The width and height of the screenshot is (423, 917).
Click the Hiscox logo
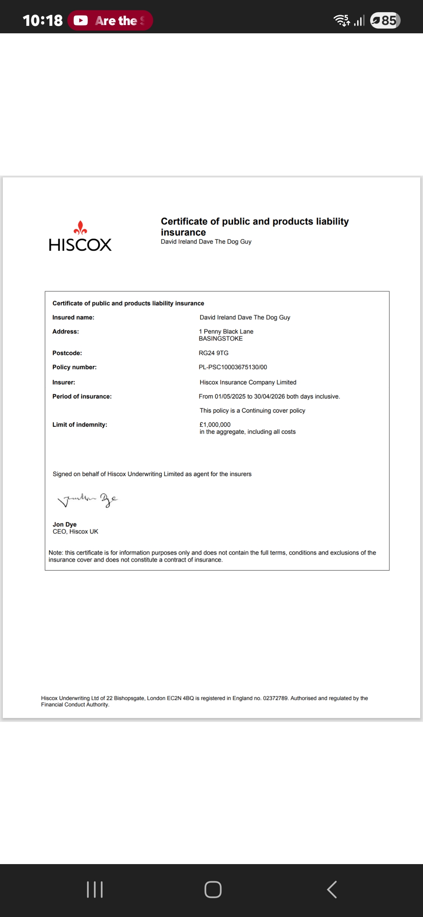[x=80, y=236]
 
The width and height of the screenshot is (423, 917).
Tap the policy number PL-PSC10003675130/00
[x=233, y=367]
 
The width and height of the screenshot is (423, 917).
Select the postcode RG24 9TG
[x=213, y=353]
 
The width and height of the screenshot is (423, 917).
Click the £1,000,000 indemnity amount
[x=215, y=424]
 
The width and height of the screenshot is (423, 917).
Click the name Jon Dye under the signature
[x=65, y=524]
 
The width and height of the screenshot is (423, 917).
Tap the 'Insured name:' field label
[x=73, y=317]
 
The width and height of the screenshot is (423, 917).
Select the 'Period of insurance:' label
[x=82, y=397]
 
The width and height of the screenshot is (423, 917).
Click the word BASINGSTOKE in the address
[x=221, y=339]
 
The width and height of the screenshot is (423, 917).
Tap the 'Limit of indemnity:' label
[x=80, y=425]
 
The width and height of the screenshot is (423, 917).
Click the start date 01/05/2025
[x=230, y=397]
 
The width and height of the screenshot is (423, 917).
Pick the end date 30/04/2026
[x=269, y=397]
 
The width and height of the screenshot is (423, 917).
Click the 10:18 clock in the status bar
[x=42, y=20]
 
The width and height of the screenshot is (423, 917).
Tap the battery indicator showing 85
[x=385, y=20]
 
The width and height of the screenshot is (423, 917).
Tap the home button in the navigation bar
[x=213, y=890]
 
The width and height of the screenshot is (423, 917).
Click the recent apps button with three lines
[x=94, y=890]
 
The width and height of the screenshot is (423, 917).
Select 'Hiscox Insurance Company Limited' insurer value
[x=248, y=382]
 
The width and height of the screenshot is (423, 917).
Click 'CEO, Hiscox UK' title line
[x=75, y=532]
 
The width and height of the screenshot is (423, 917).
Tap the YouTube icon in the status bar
[x=81, y=20]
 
